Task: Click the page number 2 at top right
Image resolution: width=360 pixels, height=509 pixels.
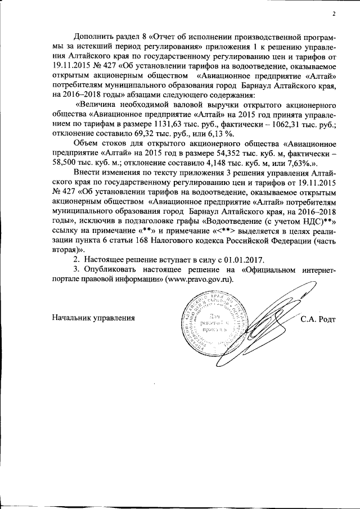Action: (333, 14)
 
